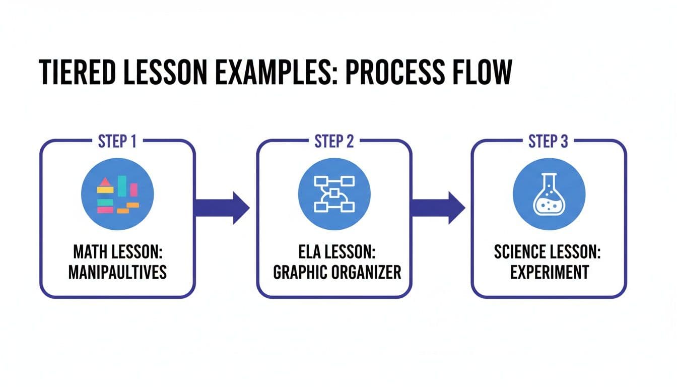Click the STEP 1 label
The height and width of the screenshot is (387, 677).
coord(117,142)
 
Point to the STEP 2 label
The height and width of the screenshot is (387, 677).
coord(334,142)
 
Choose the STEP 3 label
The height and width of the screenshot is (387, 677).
coord(549,142)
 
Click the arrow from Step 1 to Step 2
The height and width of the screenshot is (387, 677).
coord(222,207)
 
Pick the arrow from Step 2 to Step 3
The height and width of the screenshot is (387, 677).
coord(438,207)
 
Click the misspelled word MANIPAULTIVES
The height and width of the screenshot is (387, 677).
coord(117,273)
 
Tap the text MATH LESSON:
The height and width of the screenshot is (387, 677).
coord(117,252)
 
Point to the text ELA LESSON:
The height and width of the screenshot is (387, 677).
coord(334,252)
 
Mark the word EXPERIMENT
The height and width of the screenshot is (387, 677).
coord(549,273)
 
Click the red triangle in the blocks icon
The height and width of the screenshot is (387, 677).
coord(105,182)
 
